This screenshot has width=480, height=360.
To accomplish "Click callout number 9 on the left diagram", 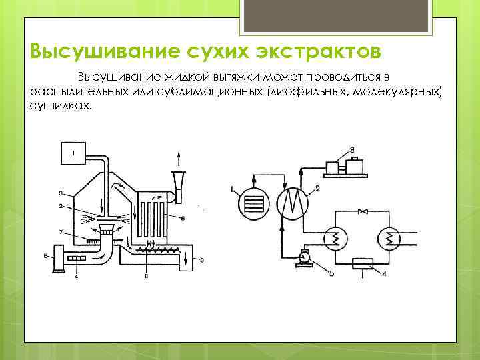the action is (x=203, y=258).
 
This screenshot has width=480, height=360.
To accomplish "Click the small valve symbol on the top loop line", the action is (x=363, y=211).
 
